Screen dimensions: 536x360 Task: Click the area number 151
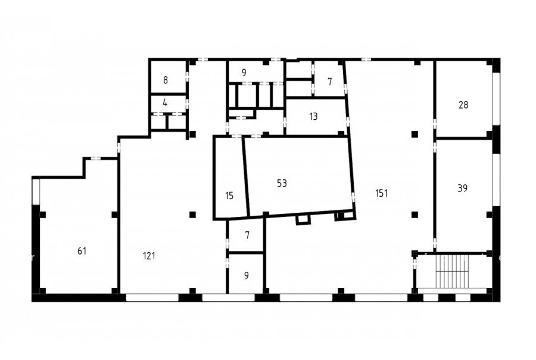pyautogui.click(x=382, y=193)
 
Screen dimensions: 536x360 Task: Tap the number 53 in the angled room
pyautogui.click(x=282, y=184)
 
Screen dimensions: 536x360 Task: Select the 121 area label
pyautogui.click(x=149, y=256)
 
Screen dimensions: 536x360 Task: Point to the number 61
pyautogui.click(x=82, y=251)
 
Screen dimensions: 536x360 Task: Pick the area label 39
pyautogui.click(x=463, y=188)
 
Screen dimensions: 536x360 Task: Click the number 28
pyautogui.click(x=463, y=105)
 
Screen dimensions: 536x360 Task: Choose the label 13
pyautogui.click(x=313, y=117)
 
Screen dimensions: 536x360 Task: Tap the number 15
pyautogui.click(x=229, y=195)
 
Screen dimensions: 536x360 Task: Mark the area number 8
pyautogui.click(x=166, y=80)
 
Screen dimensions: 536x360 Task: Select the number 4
pyautogui.click(x=165, y=103)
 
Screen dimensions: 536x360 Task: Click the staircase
pyautogui.click(x=451, y=271)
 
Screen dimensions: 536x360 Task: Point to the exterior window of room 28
pyautogui.click(x=496, y=99)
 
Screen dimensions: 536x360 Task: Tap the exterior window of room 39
pyautogui.click(x=496, y=180)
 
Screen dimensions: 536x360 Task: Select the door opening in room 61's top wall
pyautogui.click(x=95, y=159)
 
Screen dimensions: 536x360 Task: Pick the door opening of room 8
pyautogui.click(x=188, y=76)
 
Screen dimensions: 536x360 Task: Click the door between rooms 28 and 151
pyautogui.click(x=435, y=123)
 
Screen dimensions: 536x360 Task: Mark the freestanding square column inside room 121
pyautogui.click(x=192, y=215)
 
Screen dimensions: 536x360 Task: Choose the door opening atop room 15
pyautogui.click(x=236, y=136)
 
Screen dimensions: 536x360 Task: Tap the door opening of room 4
pyautogui.click(x=188, y=102)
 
